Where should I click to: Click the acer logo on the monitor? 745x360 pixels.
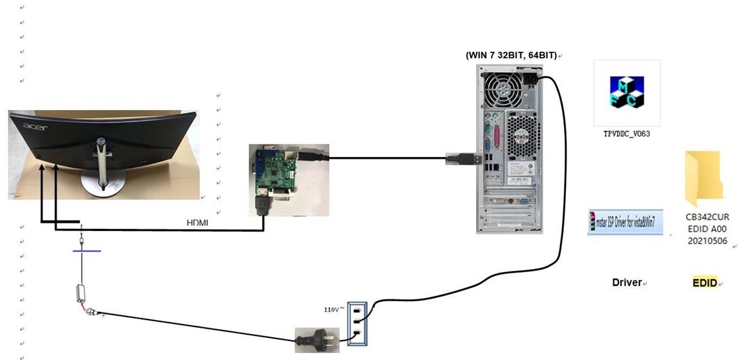[x=35, y=126]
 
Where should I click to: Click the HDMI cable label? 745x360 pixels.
[x=197, y=223]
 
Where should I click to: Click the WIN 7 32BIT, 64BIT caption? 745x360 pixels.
[x=511, y=55]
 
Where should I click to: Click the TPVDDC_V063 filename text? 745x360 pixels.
[x=627, y=134]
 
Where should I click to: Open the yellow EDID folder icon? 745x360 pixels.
[x=703, y=175]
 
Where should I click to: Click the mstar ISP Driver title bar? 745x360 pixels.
[x=625, y=222]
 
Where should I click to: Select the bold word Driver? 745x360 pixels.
[x=627, y=282]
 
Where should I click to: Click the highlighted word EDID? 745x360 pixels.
[x=704, y=283]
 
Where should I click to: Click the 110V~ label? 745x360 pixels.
[x=333, y=309]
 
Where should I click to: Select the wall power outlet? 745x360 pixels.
[x=357, y=322]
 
